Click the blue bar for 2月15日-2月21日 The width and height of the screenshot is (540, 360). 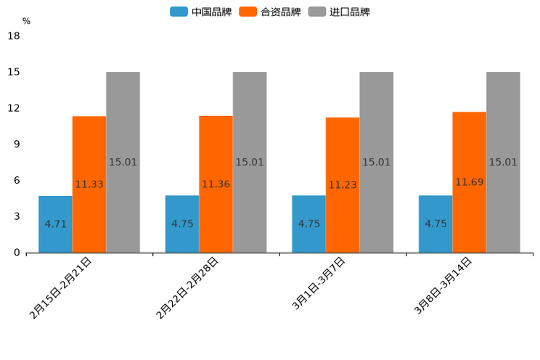[x=55, y=224]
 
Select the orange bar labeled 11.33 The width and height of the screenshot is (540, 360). [x=89, y=184]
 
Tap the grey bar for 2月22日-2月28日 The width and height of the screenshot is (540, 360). [x=250, y=162]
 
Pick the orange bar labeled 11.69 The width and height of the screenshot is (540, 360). [x=469, y=182]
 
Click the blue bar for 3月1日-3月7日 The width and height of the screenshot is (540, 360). [x=308, y=224]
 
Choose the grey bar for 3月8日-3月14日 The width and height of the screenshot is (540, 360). [x=503, y=162]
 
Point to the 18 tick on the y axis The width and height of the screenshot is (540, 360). [x=13, y=36]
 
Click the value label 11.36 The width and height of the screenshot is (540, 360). [x=216, y=184]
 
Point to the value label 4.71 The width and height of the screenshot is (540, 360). [x=55, y=224]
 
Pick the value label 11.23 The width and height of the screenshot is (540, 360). [x=343, y=185]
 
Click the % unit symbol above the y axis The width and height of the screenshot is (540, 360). [x=26, y=22]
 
